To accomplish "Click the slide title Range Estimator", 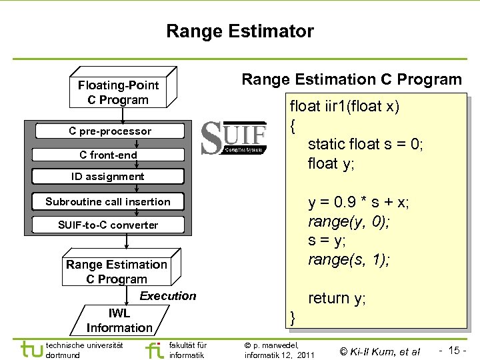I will point(239,31).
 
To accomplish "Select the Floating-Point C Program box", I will point(118,93).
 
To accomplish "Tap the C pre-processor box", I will point(110,131).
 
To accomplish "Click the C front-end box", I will point(108,155).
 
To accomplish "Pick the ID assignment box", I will point(107,177).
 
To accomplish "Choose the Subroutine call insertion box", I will point(107,201).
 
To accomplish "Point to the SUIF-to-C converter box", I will point(107,225).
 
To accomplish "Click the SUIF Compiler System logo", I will point(234,139).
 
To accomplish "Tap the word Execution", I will point(168,296).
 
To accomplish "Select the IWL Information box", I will point(119,321).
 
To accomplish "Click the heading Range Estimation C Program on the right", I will point(351,80).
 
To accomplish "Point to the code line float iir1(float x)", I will point(344,107).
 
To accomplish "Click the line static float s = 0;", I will point(365,144).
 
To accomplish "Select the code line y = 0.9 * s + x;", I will point(358,202).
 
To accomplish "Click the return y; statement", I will point(337,298).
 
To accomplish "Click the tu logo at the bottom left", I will point(31,349).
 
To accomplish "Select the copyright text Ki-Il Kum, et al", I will point(380,351).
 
